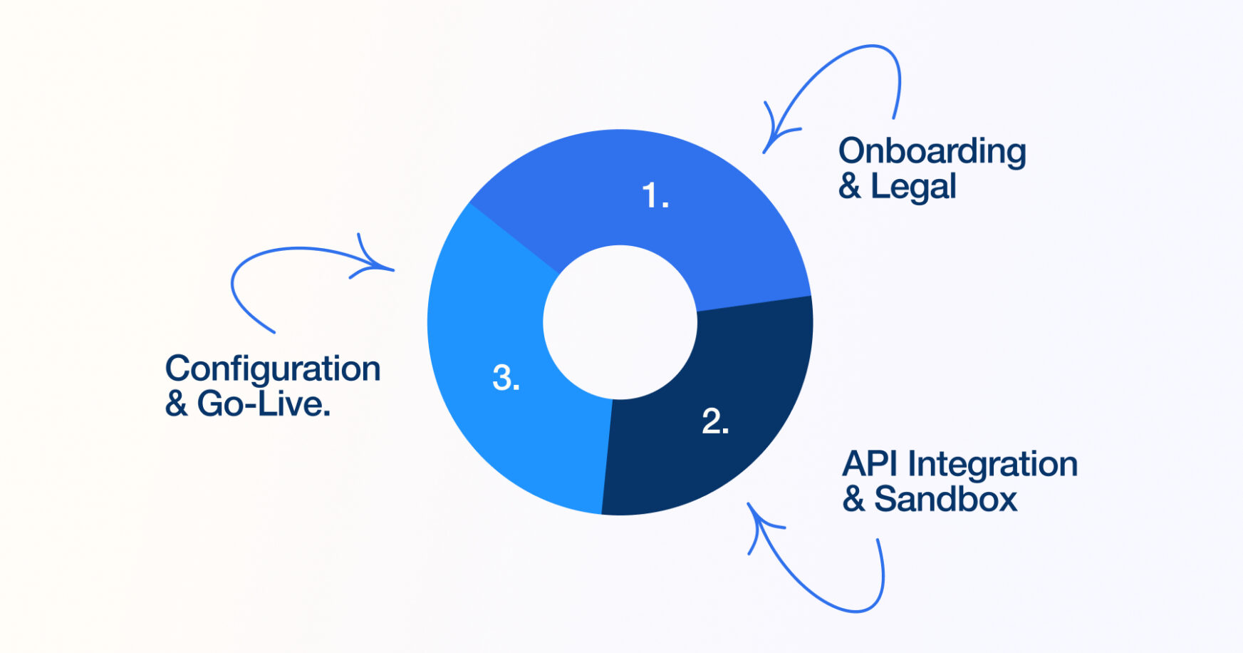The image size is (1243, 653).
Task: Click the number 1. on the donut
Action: pos(655,195)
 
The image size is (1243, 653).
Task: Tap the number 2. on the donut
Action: pos(715,421)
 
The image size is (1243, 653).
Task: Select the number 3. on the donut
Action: pos(506,378)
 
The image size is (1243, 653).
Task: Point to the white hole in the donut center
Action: pos(620,322)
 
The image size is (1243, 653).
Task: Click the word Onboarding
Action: pos(932,152)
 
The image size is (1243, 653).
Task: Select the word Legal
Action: pos(913,187)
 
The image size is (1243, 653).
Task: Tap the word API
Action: pos(870,464)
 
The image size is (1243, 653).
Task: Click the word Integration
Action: pos(992,466)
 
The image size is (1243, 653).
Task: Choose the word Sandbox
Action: pos(946,499)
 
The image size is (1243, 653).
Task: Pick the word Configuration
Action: pos(273,370)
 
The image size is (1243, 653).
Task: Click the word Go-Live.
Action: pos(264,404)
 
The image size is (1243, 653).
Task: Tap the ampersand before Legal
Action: pos(849,187)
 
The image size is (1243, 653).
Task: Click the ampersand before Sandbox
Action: pos(853,499)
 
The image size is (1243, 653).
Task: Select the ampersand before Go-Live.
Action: pos(176,404)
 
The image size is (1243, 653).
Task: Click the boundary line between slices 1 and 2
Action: pos(754,304)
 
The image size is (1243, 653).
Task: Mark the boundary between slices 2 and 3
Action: pos(608,456)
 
